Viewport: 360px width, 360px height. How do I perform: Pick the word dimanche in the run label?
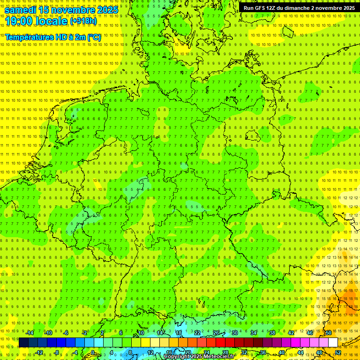(x=301, y=8)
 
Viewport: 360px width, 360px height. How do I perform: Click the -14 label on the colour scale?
(x=30, y=333)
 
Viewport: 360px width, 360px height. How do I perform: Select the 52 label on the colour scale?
(x=338, y=352)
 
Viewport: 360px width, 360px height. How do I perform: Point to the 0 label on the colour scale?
(x=93, y=352)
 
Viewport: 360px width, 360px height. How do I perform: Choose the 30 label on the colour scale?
(x=234, y=333)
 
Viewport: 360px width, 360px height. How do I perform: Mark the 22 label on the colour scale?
(x=197, y=333)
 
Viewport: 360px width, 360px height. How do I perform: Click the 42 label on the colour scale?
(x=291, y=333)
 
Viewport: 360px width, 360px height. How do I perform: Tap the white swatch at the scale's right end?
(x=333, y=342)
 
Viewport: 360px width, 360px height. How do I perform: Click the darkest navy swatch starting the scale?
(x=23, y=342)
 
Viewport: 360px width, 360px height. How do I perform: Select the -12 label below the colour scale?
(x=39, y=352)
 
